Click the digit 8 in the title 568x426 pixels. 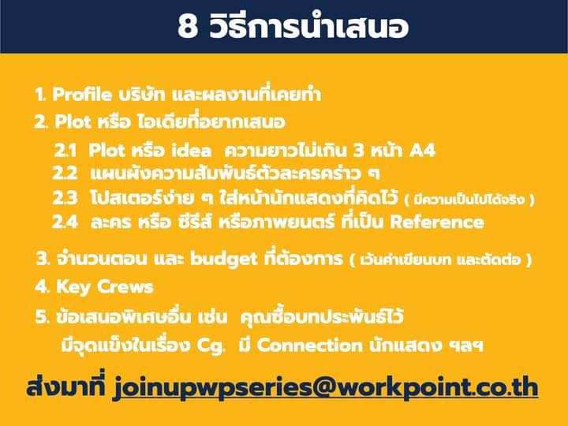pos(187,27)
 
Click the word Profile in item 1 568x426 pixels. pos(82,95)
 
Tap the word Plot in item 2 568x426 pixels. pos(73,121)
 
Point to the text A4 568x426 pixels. pos(422,150)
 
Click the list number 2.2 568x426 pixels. pos(65,173)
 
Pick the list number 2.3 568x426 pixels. pos(65,198)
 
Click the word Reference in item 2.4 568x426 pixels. pos(437,222)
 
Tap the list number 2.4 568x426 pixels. pos(65,222)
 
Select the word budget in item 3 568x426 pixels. pos(224,260)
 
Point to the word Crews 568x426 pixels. pos(125,287)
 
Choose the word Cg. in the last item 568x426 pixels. pos(211,346)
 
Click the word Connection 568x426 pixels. pos(309,346)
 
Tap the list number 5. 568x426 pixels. pos(43,317)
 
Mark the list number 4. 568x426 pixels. pos(43,287)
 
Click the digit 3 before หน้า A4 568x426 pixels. pos(358,150)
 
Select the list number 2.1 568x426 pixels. pos(65,150)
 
